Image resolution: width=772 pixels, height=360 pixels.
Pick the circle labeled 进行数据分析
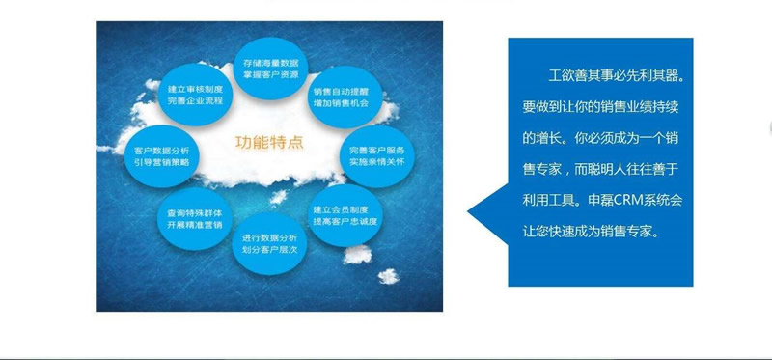[270, 243]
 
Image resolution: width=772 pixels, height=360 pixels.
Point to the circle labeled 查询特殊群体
[195, 217]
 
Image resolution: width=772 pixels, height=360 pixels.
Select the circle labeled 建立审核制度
[195, 95]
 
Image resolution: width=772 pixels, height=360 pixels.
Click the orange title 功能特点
[269, 142]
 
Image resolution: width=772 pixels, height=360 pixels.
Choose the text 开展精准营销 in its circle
[195, 224]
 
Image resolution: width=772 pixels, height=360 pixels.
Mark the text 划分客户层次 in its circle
[270, 250]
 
